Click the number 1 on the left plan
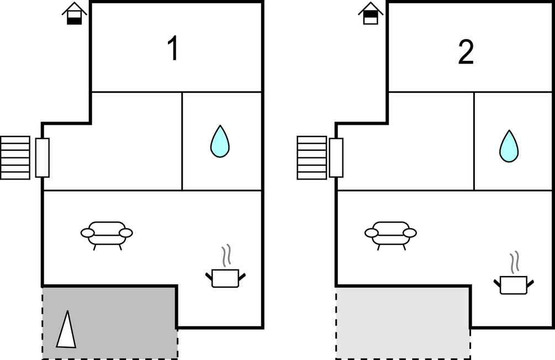point(173,49)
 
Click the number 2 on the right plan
point(466,52)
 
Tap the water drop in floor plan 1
point(220,141)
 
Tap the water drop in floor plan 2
point(509,146)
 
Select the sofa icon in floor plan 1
point(107,235)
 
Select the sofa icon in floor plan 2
point(390,235)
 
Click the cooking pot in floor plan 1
point(225,278)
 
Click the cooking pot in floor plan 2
point(514,285)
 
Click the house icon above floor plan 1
point(75,13)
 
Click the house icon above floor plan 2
point(371,13)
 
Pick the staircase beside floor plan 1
point(15,158)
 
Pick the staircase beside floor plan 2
point(312,158)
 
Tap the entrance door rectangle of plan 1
point(43,158)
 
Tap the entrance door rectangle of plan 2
point(336,158)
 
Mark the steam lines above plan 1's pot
point(226,255)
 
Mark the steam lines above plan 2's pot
point(515,262)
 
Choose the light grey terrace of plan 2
point(403,323)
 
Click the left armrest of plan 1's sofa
point(87,233)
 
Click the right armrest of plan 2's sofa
point(410,233)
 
